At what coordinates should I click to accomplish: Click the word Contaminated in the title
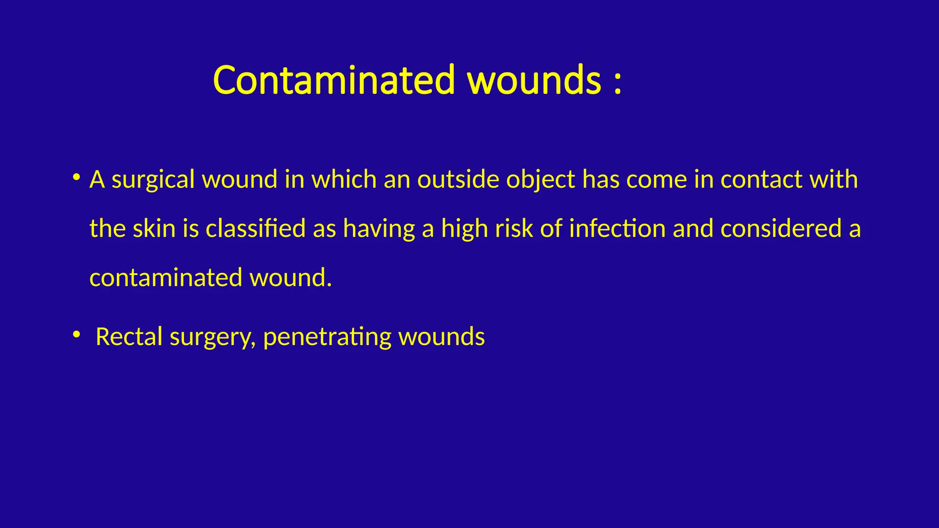pos(334,80)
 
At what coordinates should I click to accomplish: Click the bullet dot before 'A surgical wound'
pos(77,176)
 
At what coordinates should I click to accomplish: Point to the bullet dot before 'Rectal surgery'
pos(77,334)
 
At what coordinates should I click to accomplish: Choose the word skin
pos(154,228)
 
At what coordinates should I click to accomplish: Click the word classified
pos(255,228)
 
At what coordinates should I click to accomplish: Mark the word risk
pos(514,228)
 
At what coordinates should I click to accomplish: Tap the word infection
pos(617,228)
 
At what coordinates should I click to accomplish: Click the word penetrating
pos(327,338)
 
